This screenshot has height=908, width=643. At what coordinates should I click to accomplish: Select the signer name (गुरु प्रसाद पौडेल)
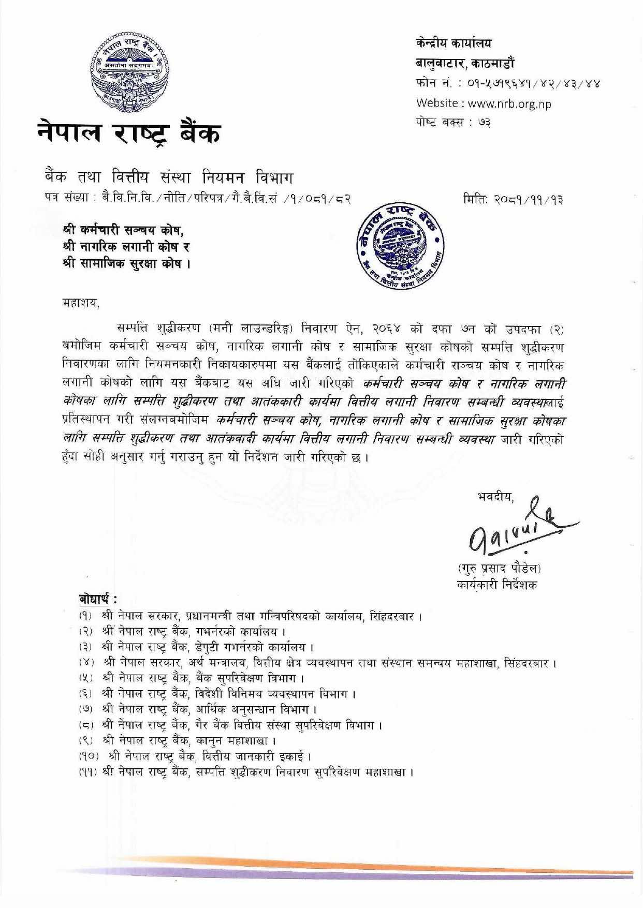[x=499, y=568]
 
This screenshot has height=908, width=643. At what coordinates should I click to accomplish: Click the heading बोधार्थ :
[x=97, y=599]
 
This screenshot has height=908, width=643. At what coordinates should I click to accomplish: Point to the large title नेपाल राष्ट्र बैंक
[x=128, y=133]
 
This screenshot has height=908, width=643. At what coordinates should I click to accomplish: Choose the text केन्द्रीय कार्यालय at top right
[x=454, y=43]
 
